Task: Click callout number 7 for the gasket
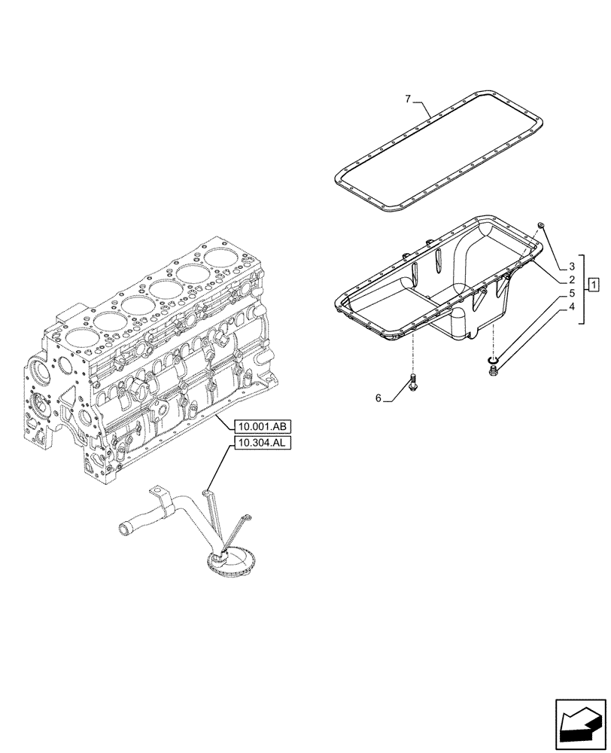[407, 99]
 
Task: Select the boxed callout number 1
[594, 284]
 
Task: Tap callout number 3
[573, 267]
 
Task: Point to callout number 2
[573, 279]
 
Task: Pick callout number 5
[573, 293]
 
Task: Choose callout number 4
[573, 306]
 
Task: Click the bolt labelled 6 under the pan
[412, 382]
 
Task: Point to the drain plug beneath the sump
[493, 369]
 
